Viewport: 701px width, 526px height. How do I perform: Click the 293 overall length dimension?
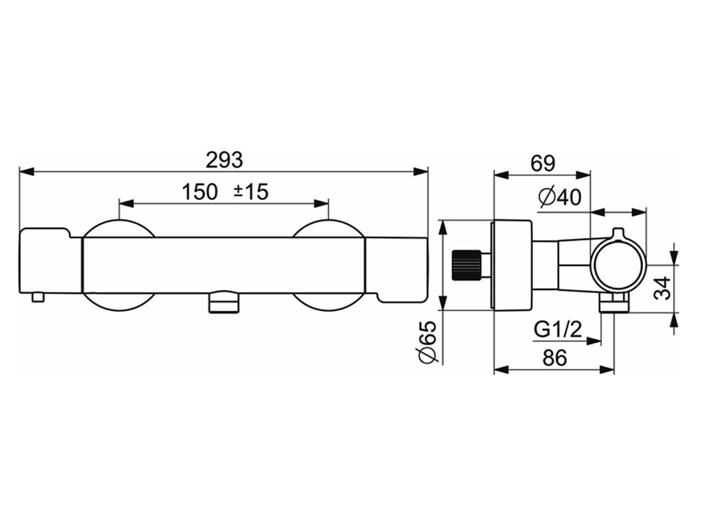[x=224, y=160]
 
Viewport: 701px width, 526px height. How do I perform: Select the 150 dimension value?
[x=200, y=192]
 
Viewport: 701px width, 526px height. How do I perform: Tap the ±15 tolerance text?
[x=251, y=192]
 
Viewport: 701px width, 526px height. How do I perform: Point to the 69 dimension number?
[x=543, y=164]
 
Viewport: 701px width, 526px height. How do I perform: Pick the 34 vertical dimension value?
[x=663, y=288]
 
